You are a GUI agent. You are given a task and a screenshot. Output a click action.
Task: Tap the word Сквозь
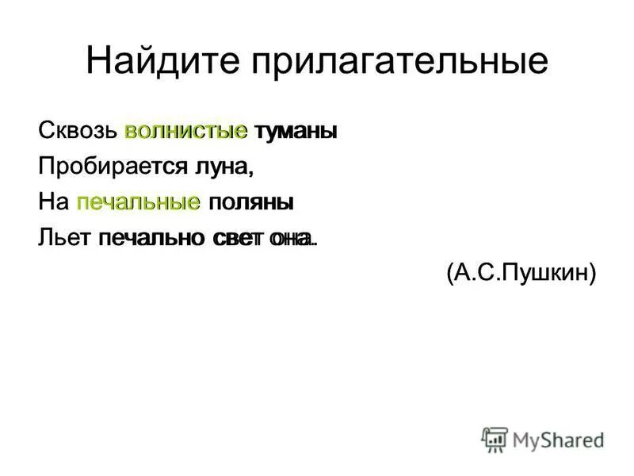point(78,132)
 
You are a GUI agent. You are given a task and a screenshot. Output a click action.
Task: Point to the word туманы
point(296,132)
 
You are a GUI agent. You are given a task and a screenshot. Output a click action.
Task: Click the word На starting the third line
point(53,202)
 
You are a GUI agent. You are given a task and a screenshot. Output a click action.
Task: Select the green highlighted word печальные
point(138,203)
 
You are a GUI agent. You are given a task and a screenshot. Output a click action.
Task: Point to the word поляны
point(250,203)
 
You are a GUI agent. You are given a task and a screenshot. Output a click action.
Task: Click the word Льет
point(64,238)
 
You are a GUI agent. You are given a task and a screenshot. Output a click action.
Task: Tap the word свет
point(239,238)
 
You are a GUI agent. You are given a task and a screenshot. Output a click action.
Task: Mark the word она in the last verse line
point(291,238)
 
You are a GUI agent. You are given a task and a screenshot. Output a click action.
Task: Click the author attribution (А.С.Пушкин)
point(519,274)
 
